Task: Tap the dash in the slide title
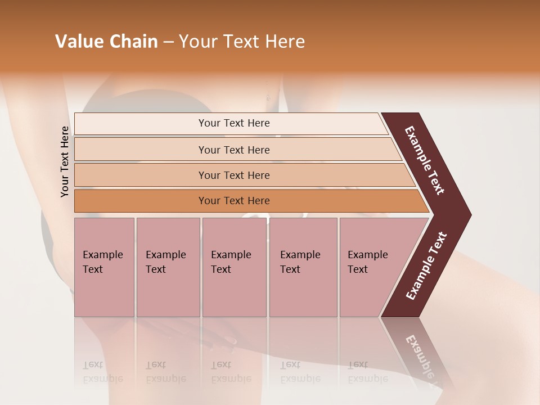click(x=168, y=42)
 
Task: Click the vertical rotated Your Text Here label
click(x=65, y=162)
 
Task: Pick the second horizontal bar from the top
click(x=233, y=150)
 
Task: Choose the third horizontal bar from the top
click(x=233, y=175)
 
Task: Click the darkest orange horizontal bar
click(x=233, y=201)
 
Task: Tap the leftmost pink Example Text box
click(x=104, y=267)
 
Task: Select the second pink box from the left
click(x=168, y=267)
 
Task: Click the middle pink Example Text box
click(x=233, y=267)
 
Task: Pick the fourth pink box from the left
click(x=303, y=267)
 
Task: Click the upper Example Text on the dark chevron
click(x=425, y=160)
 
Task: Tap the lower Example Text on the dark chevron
click(x=426, y=265)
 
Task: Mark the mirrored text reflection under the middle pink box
click(x=231, y=372)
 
